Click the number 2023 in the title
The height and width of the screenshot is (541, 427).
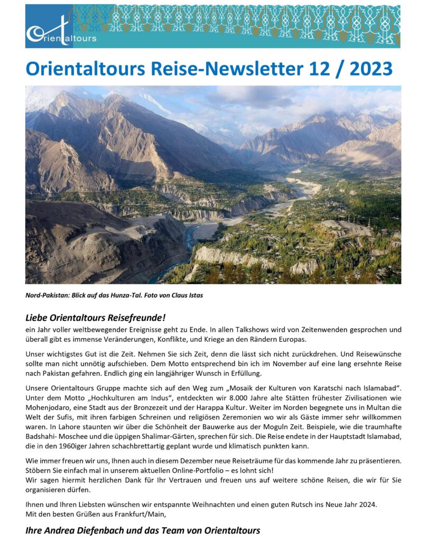click(x=366, y=68)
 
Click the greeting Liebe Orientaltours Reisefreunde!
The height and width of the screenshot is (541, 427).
click(x=96, y=318)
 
